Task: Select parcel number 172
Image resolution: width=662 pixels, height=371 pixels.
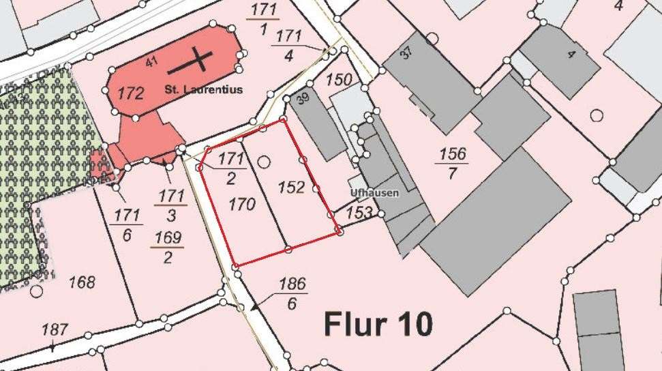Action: [x=130, y=93]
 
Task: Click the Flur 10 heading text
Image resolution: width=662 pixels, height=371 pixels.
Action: [x=378, y=324]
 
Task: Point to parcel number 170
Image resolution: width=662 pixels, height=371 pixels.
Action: [x=242, y=204]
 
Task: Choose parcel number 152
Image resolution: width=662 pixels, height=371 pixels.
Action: [x=291, y=187]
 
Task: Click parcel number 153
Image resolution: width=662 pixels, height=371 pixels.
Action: [x=359, y=213]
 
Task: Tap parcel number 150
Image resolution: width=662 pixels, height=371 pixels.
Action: [x=339, y=79]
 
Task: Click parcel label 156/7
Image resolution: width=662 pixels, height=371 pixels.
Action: [x=453, y=163]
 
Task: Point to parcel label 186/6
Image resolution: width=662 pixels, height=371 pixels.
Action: [x=292, y=293]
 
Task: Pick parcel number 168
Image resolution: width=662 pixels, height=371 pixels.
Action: [x=82, y=282]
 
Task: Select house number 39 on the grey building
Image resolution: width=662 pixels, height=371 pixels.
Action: [x=303, y=99]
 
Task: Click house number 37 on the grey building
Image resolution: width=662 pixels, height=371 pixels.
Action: [x=406, y=53]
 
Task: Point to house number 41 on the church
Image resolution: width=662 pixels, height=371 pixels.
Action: [x=151, y=62]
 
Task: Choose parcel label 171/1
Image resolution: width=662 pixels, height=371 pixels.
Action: [x=263, y=19]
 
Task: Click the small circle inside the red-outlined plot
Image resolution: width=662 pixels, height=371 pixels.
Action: [x=264, y=162]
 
